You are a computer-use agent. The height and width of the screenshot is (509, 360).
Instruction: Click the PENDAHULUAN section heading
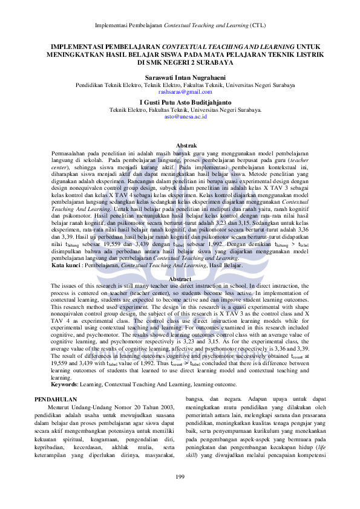(55, 400)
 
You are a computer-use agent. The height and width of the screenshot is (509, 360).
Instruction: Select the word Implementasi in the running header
(112, 27)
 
